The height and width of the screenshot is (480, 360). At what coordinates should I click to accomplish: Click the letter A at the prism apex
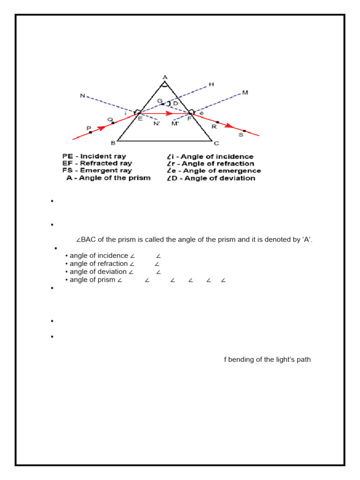pyautogui.click(x=165, y=77)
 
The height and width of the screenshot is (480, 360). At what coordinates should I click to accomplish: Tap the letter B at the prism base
pyautogui.click(x=112, y=142)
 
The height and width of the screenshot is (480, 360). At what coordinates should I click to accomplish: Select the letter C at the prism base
pyautogui.click(x=216, y=143)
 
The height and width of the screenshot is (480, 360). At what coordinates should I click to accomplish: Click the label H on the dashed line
pyautogui.click(x=211, y=84)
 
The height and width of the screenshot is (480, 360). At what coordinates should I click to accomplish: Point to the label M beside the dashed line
pyautogui.click(x=245, y=93)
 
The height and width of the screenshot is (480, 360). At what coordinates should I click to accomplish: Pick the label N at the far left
pyautogui.click(x=82, y=96)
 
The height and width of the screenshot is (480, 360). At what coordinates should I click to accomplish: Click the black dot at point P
pyautogui.click(x=90, y=132)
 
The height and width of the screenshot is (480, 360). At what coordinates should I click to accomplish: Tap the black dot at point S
pyautogui.click(x=244, y=131)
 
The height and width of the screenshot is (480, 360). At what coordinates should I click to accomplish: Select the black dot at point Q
pyautogui.click(x=113, y=123)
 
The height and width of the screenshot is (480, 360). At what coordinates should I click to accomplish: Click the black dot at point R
pyautogui.click(x=217, y=122)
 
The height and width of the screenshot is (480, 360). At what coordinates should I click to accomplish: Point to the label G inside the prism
pyautogui.click(x=159, y=101)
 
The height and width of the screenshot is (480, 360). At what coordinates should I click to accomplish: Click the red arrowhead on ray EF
pyautogui.click(x=170, y=113)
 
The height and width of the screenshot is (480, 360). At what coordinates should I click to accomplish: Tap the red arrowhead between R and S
pyautogui.click(x=229, y=125)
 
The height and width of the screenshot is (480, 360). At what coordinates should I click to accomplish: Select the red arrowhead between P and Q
pyautogui.click(x=101, y=127)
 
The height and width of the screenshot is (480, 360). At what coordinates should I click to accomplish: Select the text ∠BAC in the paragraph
pyautogui.click(x=85, y=240)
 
